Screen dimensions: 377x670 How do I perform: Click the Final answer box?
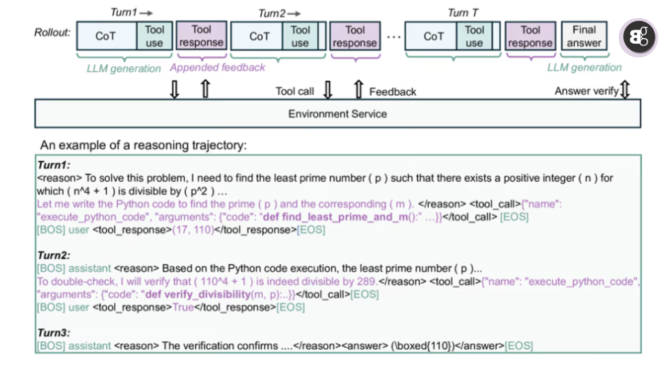coord(584,36)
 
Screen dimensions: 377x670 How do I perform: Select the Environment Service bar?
coord(338,114)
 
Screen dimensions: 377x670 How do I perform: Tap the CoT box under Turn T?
coord(433,36)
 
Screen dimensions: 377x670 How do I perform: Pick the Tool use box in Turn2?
coord(300,36)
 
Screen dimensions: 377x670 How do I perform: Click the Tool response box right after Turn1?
coord(201,36)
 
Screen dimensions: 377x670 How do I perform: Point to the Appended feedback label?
coord(217,68)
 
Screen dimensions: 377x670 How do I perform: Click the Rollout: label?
coord(52,32)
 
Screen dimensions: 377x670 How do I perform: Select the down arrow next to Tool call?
coord(328,90)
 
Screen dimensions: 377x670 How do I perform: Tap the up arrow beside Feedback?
coord(359,90)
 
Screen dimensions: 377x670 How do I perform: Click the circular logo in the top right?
coord(638,38)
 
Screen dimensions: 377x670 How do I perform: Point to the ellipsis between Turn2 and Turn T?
coord(394,37)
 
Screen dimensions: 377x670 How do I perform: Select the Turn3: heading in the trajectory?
coord(53,333)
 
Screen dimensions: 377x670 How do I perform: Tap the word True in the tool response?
coord(183,307)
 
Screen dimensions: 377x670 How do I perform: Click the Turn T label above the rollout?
coord(463,13)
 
